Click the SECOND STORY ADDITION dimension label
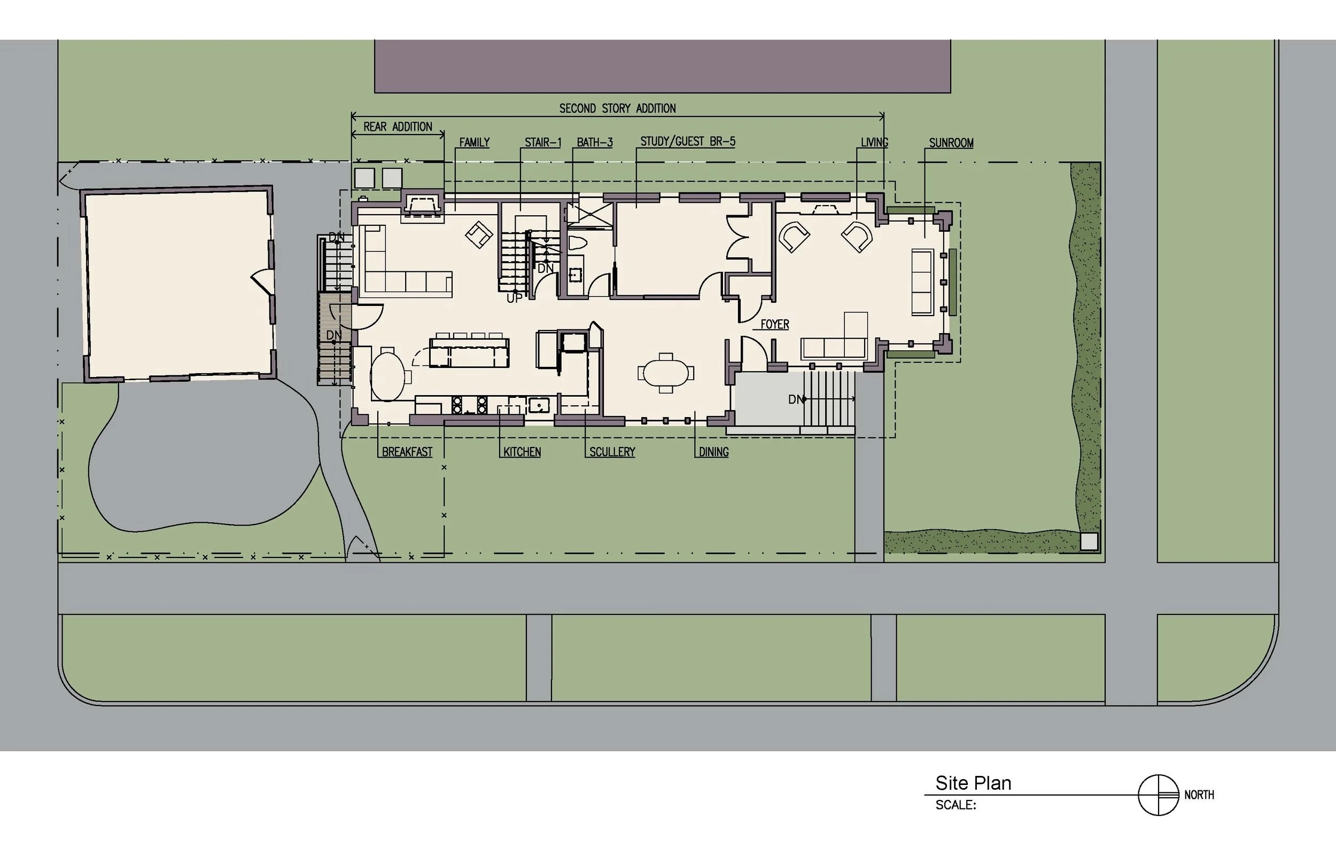[617, 108]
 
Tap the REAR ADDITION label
[398, 127]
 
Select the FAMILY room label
[475, 143]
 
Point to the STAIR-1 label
[543, 143]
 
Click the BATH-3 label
[594, 143]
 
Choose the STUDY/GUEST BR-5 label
[688, 142]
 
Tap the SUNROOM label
[951, 143]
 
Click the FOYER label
[775, 324]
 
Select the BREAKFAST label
[407, 452]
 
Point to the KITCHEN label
[522, 452]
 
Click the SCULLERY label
[612, 452]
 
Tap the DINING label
[713, 452]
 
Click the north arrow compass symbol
[1158, 795]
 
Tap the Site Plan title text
[973, 783]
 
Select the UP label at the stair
[514, 299]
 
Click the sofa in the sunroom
[922, 282]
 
